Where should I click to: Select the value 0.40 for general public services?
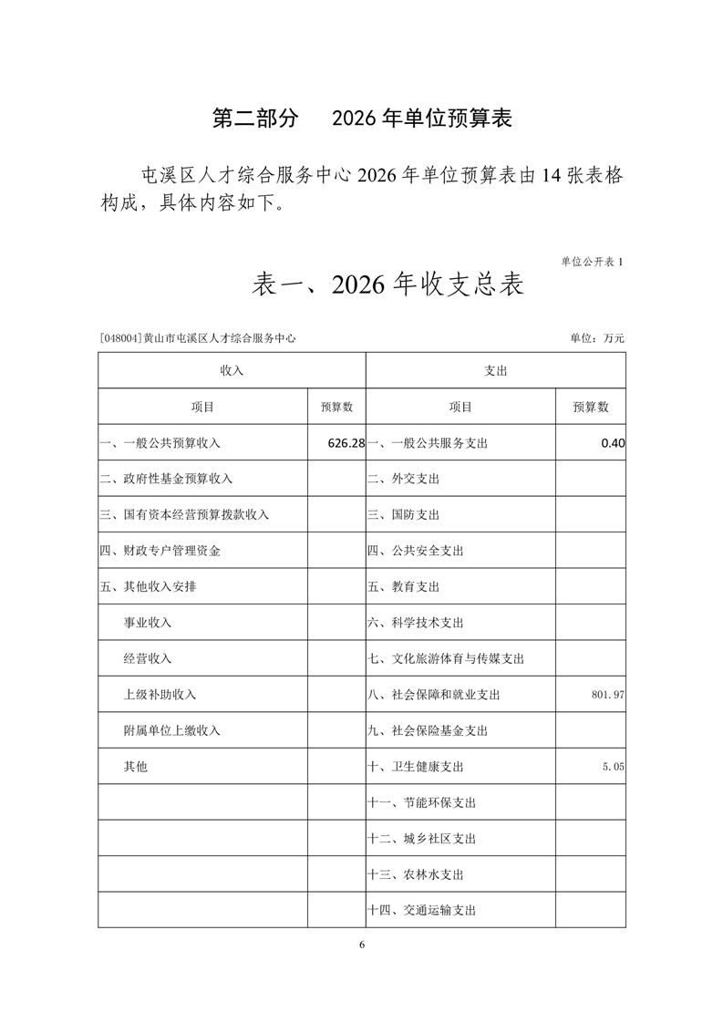tap(613, 443)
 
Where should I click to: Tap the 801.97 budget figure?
tap(607, 695)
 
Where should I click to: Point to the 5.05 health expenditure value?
tap(613, 768)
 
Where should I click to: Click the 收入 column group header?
tap(232, 371)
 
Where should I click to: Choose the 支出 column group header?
tap(496, 371)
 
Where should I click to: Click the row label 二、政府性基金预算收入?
tap(166, 479)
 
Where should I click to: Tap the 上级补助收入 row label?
tap(160, 695)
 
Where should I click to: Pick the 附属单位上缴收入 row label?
tap(171, 731)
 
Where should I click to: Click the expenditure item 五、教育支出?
tap(403, 587)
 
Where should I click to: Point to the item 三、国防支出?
tap(403, 515)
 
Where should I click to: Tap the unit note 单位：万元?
tap(597, 338)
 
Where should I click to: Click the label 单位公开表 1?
tap(593, 262)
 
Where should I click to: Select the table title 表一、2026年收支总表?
tap(387, 285)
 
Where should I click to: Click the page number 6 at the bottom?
tap(362, 945)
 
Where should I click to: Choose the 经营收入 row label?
tap(148, 659)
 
